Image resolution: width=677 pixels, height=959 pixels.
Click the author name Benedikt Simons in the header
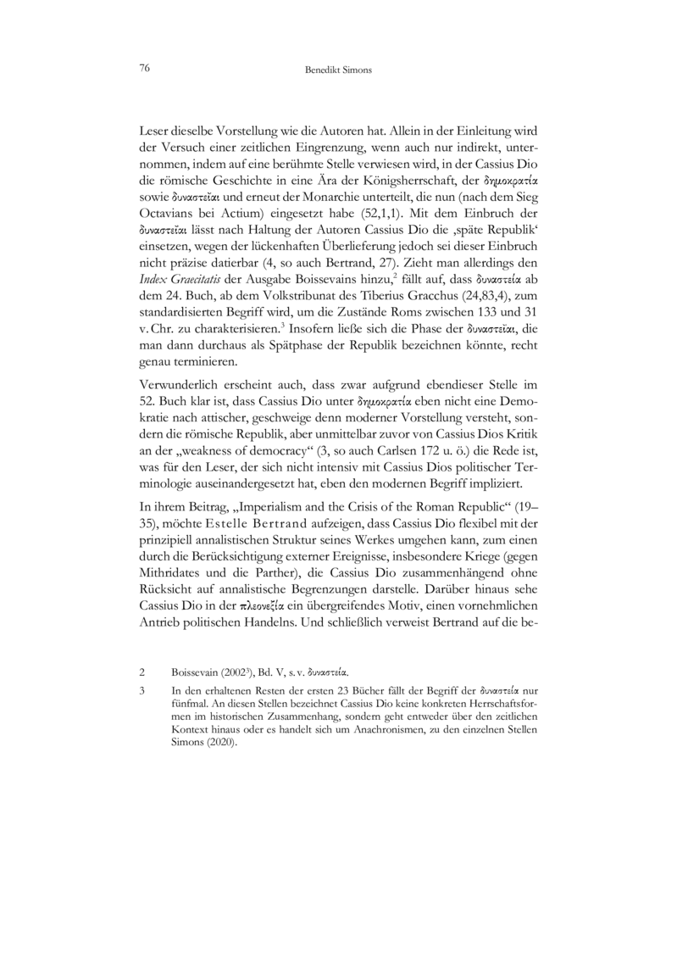(338, 72)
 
